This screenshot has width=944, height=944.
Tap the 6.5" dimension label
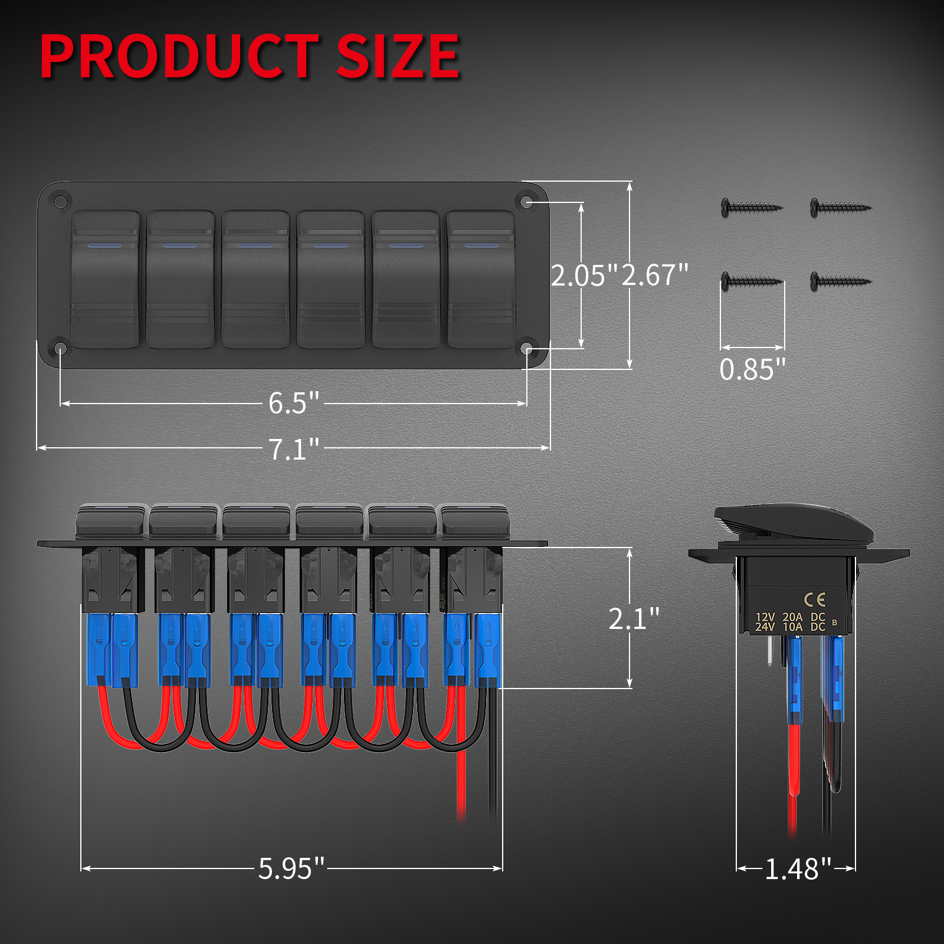tap(293, 403)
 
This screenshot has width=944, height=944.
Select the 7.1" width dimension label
tap(293, 449)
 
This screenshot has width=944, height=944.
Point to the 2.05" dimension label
tap(584, 276)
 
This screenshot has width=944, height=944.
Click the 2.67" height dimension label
tap(655, 276)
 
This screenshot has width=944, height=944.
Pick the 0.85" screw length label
tap(752, 370)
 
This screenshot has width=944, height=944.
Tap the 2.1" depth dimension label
tap(634, 618)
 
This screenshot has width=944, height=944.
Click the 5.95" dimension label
tap(291, 868)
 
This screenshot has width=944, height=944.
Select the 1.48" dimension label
tap(798, 869)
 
